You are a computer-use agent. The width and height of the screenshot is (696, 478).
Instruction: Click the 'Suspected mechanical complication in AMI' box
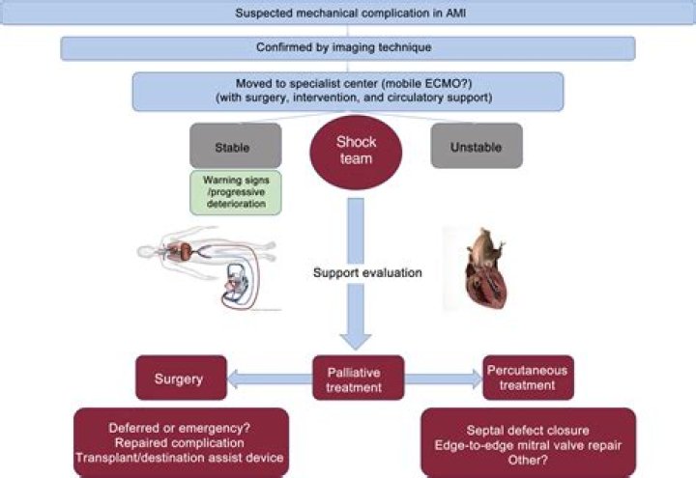(348, 13)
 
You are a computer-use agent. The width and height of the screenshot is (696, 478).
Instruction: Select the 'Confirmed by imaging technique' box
(348, 48)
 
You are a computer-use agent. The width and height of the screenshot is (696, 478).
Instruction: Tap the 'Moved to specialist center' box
(348, 92)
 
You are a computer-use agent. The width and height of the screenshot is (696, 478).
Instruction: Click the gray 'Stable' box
(235, 146)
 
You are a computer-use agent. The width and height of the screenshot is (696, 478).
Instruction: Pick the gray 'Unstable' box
(477, 146)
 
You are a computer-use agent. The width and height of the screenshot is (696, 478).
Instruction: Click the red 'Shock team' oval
(356, 153)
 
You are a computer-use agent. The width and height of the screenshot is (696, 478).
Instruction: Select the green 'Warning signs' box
(236, 192)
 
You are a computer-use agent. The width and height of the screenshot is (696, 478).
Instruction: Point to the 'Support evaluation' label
(367, 272)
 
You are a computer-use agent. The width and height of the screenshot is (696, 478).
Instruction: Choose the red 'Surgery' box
(181, 378)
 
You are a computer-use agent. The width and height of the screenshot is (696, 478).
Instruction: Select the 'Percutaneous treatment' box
(528, 378)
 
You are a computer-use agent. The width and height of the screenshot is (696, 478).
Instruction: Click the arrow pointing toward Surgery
(270, 380)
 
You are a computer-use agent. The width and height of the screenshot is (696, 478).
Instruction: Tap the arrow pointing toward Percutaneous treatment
(444, 380)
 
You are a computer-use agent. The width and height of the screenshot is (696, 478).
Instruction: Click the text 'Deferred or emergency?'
(180, 429)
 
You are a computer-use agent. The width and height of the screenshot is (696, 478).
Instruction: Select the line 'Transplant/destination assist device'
(180, 458)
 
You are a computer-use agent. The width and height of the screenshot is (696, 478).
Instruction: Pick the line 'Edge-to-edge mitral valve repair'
(528, 445)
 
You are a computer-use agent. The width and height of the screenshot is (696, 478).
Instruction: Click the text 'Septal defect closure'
(528, 430)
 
